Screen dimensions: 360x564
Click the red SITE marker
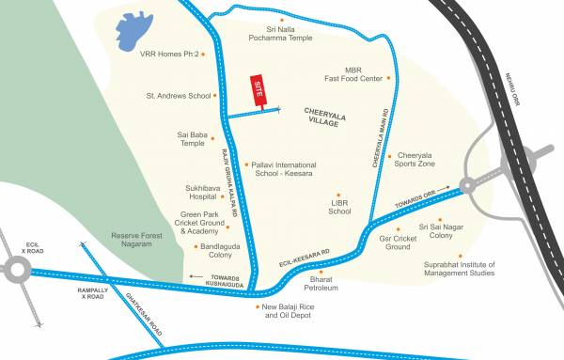pos(256,92)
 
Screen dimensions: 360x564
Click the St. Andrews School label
pos(178,95)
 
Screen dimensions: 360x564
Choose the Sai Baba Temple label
pos(191,138)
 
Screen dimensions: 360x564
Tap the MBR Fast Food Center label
pos(352,74)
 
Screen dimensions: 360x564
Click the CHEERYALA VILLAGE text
pos(325,117)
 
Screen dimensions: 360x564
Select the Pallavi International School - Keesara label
pos(283,169)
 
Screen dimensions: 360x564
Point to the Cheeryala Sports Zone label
pos(415,160)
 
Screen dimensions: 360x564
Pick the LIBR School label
pos(339,207)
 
